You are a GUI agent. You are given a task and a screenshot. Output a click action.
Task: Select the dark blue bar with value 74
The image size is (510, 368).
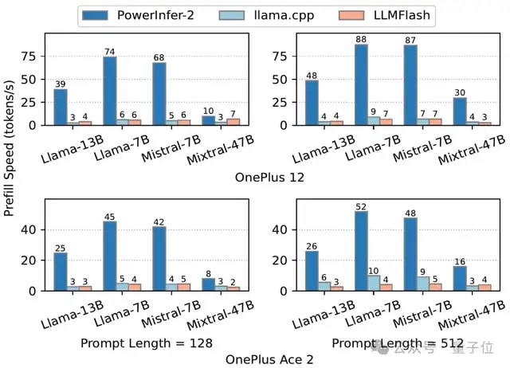[x=109, y=91]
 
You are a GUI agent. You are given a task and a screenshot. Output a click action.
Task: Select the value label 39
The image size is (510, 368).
[x=60, y=83]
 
